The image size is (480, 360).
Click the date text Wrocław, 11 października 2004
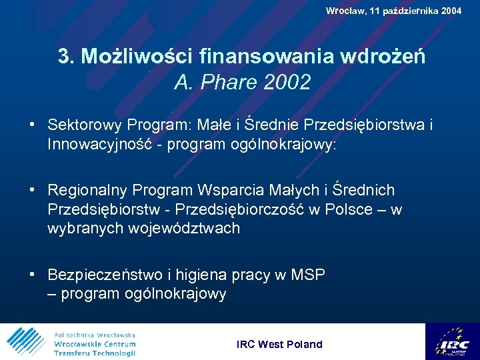pos(393,11)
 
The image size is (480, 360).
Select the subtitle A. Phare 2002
pos(242,83)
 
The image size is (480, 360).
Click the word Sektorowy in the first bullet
pos(85,125)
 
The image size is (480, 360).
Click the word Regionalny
pos(87,191)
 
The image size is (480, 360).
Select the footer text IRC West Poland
pos(279,344)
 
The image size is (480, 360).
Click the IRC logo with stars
pos(452,341)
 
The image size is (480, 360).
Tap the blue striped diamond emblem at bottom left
pos(25,341)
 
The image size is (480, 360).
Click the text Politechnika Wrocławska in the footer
pos(94,335)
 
